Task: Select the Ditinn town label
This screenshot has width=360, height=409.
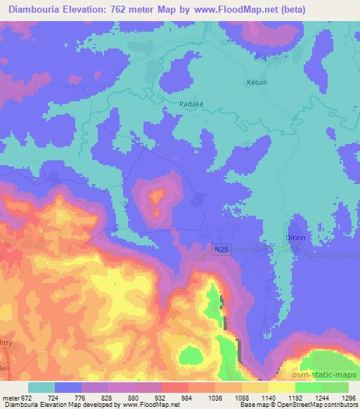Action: click(x=295, y=239)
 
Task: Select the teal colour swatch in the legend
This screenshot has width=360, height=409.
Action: click(x=41, y=387)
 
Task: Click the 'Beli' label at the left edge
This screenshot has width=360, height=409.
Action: click(x=6, y=368)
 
